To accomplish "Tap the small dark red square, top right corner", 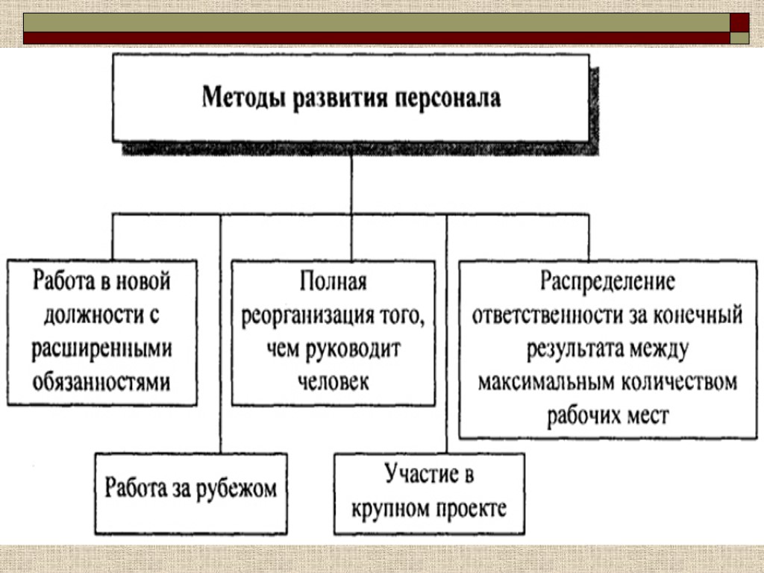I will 739,22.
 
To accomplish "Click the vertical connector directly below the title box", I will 351,187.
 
